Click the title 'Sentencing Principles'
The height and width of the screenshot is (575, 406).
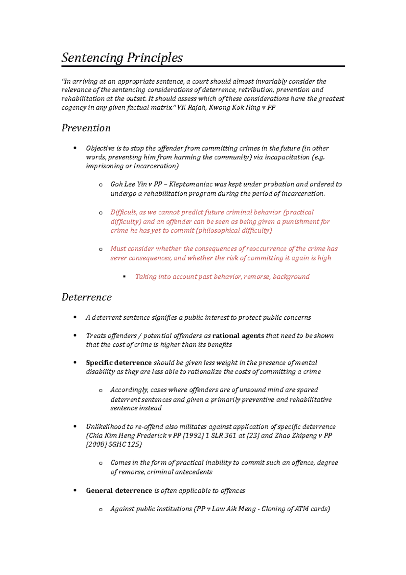[122, 58]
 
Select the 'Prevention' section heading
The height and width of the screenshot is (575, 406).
[86, 128]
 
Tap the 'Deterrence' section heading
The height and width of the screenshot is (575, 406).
[86, 297]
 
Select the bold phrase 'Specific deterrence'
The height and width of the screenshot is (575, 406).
[118, 363]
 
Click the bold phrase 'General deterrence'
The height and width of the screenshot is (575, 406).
[119, 491]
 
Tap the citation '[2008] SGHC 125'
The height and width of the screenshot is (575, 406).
[114, 444]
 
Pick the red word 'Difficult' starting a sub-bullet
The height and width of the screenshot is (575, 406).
[123, 212]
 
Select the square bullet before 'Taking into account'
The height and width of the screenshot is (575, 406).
[125, 277]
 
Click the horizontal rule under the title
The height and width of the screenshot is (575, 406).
[203, 66]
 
